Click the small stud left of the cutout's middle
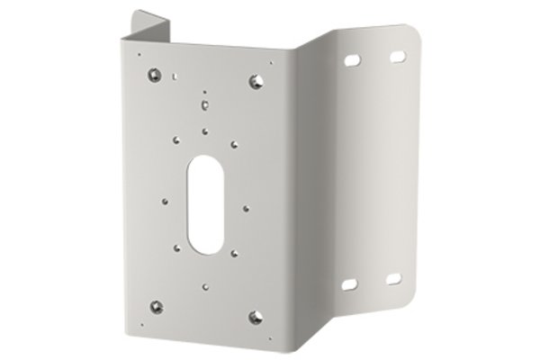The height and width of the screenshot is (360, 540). coord(166,199)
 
